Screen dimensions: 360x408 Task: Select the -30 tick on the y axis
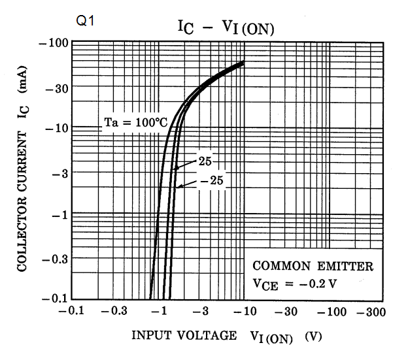pos(56,86)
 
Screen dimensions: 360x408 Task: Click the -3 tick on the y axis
pos(59,172)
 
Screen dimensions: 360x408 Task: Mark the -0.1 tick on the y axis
pos(54,299)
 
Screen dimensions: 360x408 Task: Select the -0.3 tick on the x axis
pos(116,311)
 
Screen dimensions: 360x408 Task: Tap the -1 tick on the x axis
pos(160,311)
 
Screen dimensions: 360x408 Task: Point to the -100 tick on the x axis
pos(333,311)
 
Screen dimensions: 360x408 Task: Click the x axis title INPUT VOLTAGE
pos(184,336)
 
